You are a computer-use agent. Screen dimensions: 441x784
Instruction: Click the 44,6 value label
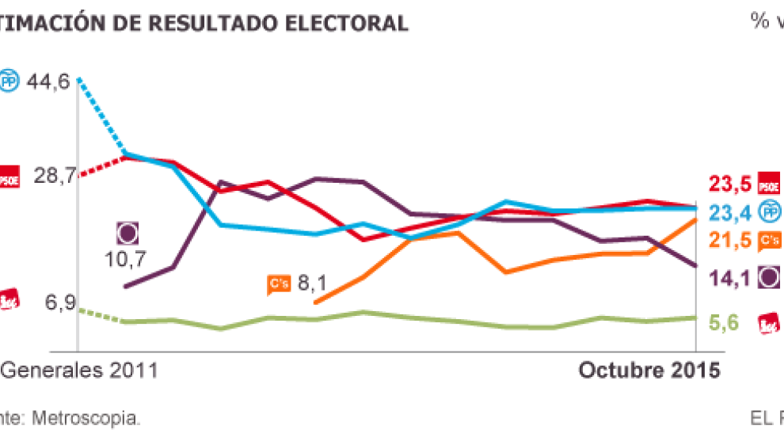(48, 81)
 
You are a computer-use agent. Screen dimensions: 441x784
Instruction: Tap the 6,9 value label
(60, 302)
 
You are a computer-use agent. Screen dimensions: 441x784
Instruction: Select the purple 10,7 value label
(126, 259)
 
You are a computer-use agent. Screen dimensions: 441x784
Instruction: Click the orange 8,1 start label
(311, 283)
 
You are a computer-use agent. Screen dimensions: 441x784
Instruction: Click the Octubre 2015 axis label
(649, 371)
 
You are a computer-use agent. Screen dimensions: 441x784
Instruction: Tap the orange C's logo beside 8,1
(277, 283)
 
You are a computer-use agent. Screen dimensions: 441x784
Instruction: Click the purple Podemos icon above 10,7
(127, 233)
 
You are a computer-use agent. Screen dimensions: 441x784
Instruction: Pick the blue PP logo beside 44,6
(9, 81)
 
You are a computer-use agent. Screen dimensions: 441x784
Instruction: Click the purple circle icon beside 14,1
(769, 276)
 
